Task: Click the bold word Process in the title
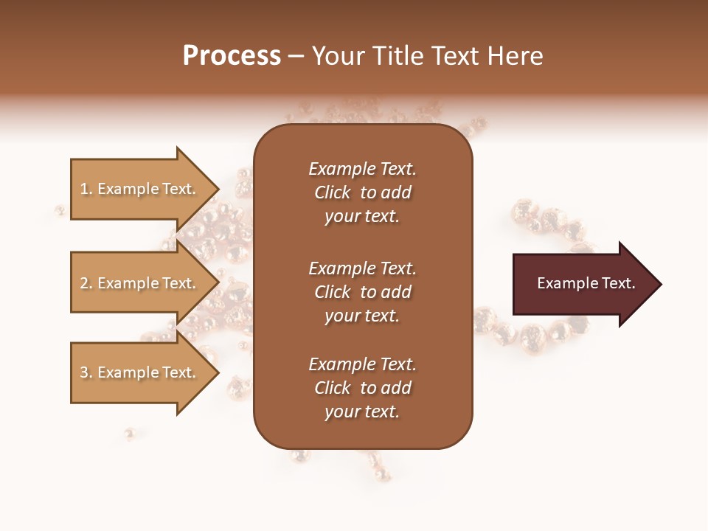(232, 56)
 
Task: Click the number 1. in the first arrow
(86, 189)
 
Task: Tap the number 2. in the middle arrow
(86, 283)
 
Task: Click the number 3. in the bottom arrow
(86, 372)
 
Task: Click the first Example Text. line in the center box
(362, 169)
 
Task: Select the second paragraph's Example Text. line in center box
(362, 268)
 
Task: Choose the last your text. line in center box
(362, 412)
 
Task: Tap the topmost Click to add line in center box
(362, 192)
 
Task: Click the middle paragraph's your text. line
(362, 316)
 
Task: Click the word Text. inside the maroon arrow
(617, 283)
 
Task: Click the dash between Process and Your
(296, 56)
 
